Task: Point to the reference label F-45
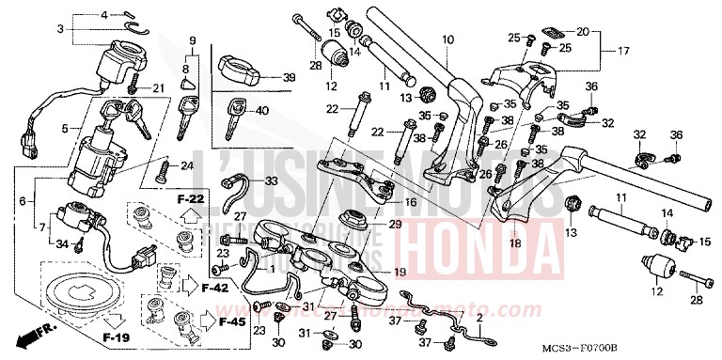click(231, 323)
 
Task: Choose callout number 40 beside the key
click(262, 111)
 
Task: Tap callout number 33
click(271, 180)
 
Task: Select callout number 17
click(622, 50)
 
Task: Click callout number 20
click(582, 32)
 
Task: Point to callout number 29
click(395, 225)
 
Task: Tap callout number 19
click(399, 273)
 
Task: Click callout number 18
click(513, 243)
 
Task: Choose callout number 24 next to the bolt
click(187, 166)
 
